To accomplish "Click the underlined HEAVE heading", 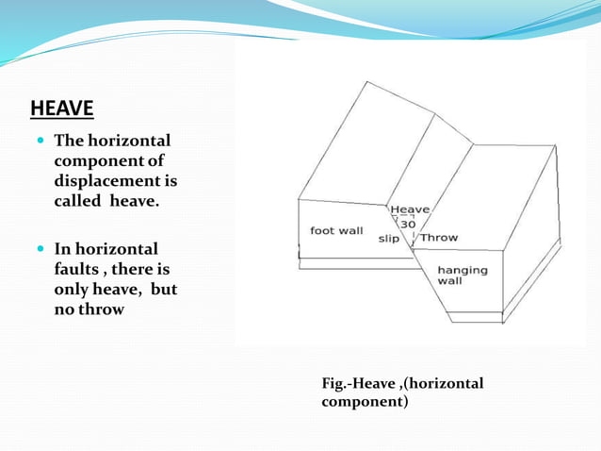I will pyautogui.click(x=62, y=109).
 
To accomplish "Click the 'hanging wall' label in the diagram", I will pyautogui.click(x=462, y=275).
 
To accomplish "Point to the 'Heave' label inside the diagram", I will pyautogui.click(x=410, y=209).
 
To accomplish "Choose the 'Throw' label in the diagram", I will pyautogui.click(x=438, y=238).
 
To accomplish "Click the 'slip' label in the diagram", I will pyautogui.click(x=388, y=239).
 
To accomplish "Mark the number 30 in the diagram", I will pyautogui.click(x=408, y=225).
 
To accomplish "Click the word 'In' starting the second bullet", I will pyautogui.click(x=62, y=249).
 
